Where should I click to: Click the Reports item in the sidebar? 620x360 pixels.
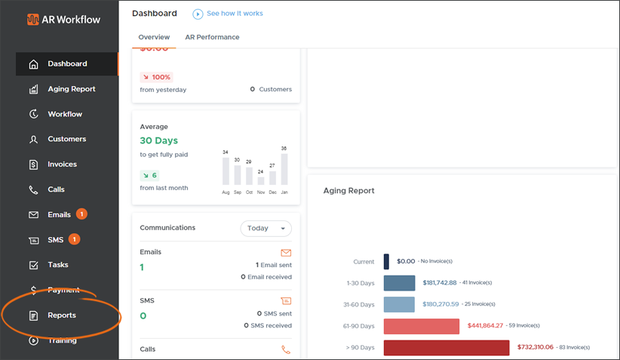click(61, 315)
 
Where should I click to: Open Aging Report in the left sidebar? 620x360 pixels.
click(71, 89)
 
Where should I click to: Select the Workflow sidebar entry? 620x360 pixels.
click(64, 114)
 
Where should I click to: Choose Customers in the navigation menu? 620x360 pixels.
click(66, 139)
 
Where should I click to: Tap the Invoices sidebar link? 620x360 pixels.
click(62, 165)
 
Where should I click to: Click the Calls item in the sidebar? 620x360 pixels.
click(56, 189)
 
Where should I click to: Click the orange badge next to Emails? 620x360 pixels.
click(81, 214)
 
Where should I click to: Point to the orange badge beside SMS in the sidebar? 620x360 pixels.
click(75, 240)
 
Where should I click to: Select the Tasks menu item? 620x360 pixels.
click(57, 265)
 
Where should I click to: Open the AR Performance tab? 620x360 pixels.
click(212, 37)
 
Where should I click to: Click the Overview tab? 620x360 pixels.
click(154, 37)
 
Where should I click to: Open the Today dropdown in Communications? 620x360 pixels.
click(265, 228)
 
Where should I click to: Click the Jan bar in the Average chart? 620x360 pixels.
click(284, 169)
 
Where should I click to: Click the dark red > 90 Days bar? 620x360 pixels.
click(446, 348)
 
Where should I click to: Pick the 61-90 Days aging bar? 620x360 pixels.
click(421, 326)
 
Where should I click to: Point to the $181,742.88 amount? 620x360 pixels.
click(440, 283)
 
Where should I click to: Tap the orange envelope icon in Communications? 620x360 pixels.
click(286, 253)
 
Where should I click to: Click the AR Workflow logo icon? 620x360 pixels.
click(33, 19)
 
